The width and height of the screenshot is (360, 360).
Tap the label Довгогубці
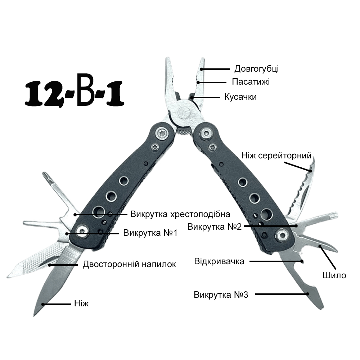coord(256,69)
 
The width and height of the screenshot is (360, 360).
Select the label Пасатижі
coord(251,82)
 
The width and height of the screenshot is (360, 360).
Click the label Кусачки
coord(240,97)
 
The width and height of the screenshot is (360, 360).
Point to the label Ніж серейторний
coord(276,156)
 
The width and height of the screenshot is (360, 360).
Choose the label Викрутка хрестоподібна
coord(180,214)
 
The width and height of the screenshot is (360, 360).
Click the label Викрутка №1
coord(150,233)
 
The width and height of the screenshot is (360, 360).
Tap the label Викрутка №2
coord(215,226)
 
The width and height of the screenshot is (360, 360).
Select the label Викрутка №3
coord(221,294)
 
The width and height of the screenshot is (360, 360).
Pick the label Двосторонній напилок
coord(129,264)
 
